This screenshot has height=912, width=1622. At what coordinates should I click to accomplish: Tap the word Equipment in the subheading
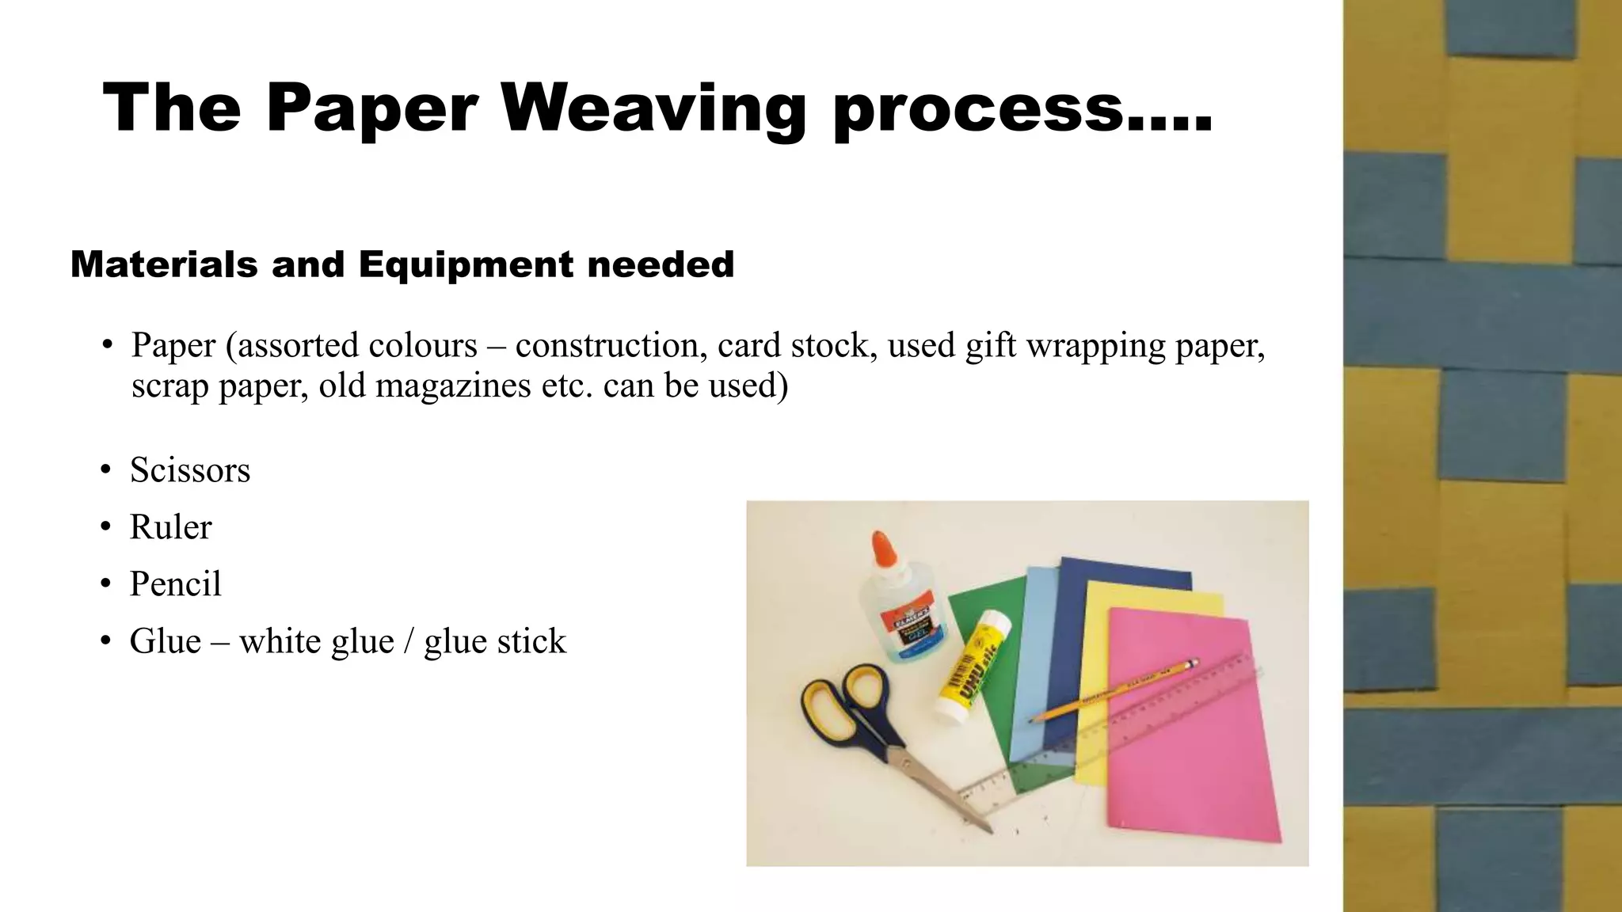[x=466, y=264]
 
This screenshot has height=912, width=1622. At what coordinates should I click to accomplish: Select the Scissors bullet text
[x=190, y=469]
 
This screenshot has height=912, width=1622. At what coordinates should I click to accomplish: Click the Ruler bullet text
[x=170, y=526]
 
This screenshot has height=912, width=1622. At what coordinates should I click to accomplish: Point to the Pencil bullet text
[x=175, y=583]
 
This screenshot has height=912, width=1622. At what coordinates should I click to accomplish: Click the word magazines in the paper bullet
[x=453, y=386]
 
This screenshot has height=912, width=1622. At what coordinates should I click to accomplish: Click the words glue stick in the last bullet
[x=495, y=641]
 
